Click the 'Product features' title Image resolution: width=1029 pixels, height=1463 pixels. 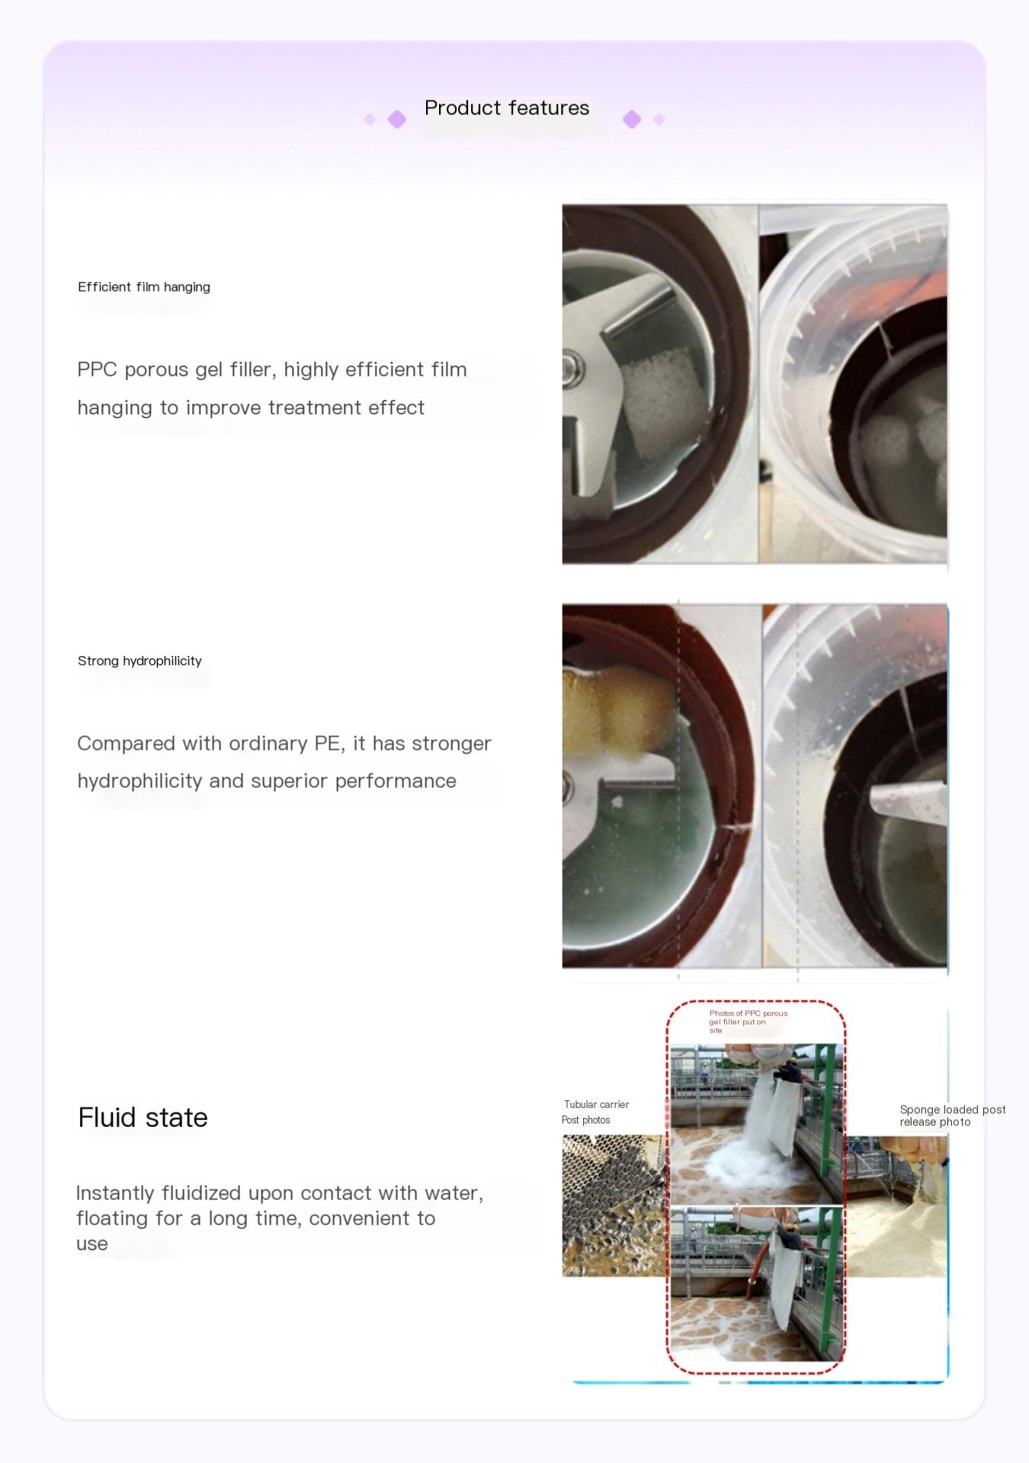point(507,108)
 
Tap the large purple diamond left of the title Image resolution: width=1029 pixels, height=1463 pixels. point(397,120)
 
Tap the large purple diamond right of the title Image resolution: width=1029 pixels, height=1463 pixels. point(632,120)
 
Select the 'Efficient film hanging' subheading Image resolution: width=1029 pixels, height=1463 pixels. point(144,287)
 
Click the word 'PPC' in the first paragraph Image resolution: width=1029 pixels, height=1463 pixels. point(97,370)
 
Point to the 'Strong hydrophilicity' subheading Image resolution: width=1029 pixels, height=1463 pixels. point(139,661)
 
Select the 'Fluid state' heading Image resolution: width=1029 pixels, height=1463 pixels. point(143,1118)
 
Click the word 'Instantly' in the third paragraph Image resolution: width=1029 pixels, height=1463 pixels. point(116,1193)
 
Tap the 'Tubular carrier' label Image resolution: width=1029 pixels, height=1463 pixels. point(596,1105)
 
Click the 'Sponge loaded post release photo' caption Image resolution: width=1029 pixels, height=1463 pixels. point(952,1116)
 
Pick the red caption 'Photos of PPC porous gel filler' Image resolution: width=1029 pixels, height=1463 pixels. point(748,1022)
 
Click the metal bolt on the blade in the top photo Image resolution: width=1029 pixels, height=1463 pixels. point(570,370)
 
